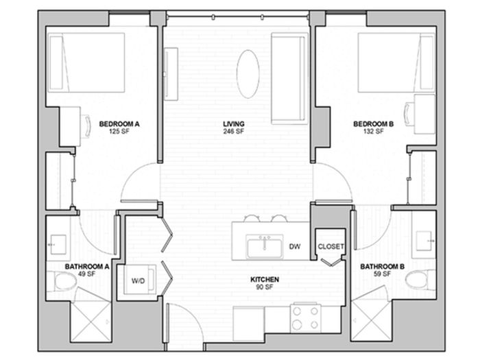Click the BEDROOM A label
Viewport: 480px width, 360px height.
(x=119, y=124)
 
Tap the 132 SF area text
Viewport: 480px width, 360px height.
(x=374, y=132)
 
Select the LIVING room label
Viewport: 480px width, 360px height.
(x=234, y=124)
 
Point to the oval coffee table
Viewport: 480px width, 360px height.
(x=248, y=74)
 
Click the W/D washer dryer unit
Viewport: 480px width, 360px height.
(x=140, y=280)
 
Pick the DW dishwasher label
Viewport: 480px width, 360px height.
(x=295, y=246)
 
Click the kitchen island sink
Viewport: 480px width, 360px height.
(x=265, y=245)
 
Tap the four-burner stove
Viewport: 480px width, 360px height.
(x=306, y=317)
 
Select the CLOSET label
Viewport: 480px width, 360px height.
(x=331, y=246)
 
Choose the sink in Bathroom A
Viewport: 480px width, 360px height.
(x=58, y=245)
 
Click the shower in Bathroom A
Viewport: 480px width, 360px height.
(x=91, y=322)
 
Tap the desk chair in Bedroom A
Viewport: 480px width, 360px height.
(x=86, y=126)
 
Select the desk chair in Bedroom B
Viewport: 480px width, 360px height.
(x=409, y=112)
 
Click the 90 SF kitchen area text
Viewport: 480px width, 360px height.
(x=264, y=287)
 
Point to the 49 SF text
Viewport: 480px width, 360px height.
(x=86, y=274)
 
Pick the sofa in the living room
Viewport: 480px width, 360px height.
(x=289, y=79)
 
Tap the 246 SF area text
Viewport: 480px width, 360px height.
(x=234, y=132)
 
